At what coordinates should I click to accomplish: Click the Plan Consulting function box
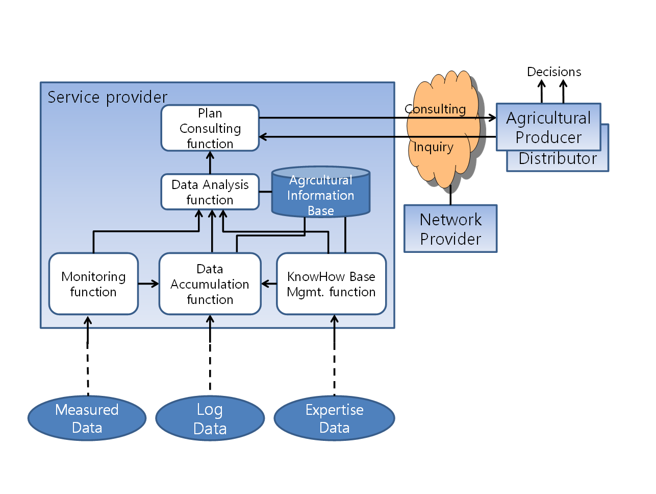pos(210,128)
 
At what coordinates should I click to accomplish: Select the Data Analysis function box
pos(210,192)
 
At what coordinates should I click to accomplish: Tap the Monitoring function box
pos(93,284)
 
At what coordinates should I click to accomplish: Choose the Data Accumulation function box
pos(210,284)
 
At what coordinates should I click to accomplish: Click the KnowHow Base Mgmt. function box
pos(331,284)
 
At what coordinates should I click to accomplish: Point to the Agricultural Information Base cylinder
pos(321,192)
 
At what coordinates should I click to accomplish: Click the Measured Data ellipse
pos(87,418)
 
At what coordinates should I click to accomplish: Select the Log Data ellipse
pos(210,418)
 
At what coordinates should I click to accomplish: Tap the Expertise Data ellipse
pos(335,418)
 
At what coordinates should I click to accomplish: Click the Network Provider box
pos(450,228)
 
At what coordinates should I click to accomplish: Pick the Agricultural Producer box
pos(548,127)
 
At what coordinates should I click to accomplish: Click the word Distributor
pos(558,158)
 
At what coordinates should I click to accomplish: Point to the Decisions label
pos(554,72)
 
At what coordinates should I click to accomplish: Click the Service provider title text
pos(107,98)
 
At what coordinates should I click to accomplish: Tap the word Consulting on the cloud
pos(435,109)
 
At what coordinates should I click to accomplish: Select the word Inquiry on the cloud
pos(434,148)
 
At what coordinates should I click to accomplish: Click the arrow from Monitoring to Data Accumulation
pos(148,284)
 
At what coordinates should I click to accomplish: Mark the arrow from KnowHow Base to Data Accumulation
pos(269,284)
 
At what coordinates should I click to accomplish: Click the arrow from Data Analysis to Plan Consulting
pos(210,162)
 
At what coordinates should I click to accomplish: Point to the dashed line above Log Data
pos(210,366)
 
